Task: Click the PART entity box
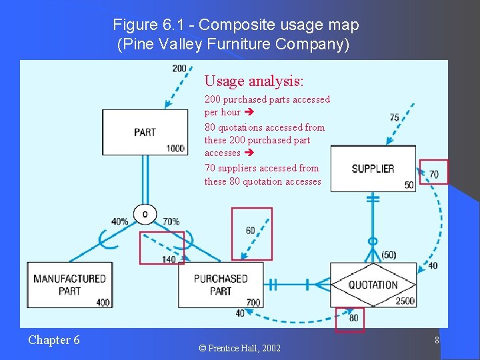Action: point(144,132)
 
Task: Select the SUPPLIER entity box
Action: point(373,169)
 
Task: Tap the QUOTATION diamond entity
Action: point(373,285)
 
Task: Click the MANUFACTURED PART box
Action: point(69,285)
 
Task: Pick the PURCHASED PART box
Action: point(221,285)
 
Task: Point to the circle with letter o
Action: point(145,214)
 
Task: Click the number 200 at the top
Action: point(179,68)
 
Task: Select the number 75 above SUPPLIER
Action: point(395,117)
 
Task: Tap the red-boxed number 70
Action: point(434,175)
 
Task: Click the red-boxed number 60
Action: point(250,231)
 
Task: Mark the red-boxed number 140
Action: point(169,259)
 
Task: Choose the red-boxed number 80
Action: point(353,318)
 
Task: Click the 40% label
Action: point(120,221)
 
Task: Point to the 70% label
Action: point(171,221)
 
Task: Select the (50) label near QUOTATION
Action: point(389,255)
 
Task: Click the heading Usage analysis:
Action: point(254,81)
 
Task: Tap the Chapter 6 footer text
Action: point(54,340)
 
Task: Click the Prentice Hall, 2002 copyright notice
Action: point(241,348)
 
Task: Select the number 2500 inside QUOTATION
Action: point(405,301)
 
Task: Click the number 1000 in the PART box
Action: point(175,148)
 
